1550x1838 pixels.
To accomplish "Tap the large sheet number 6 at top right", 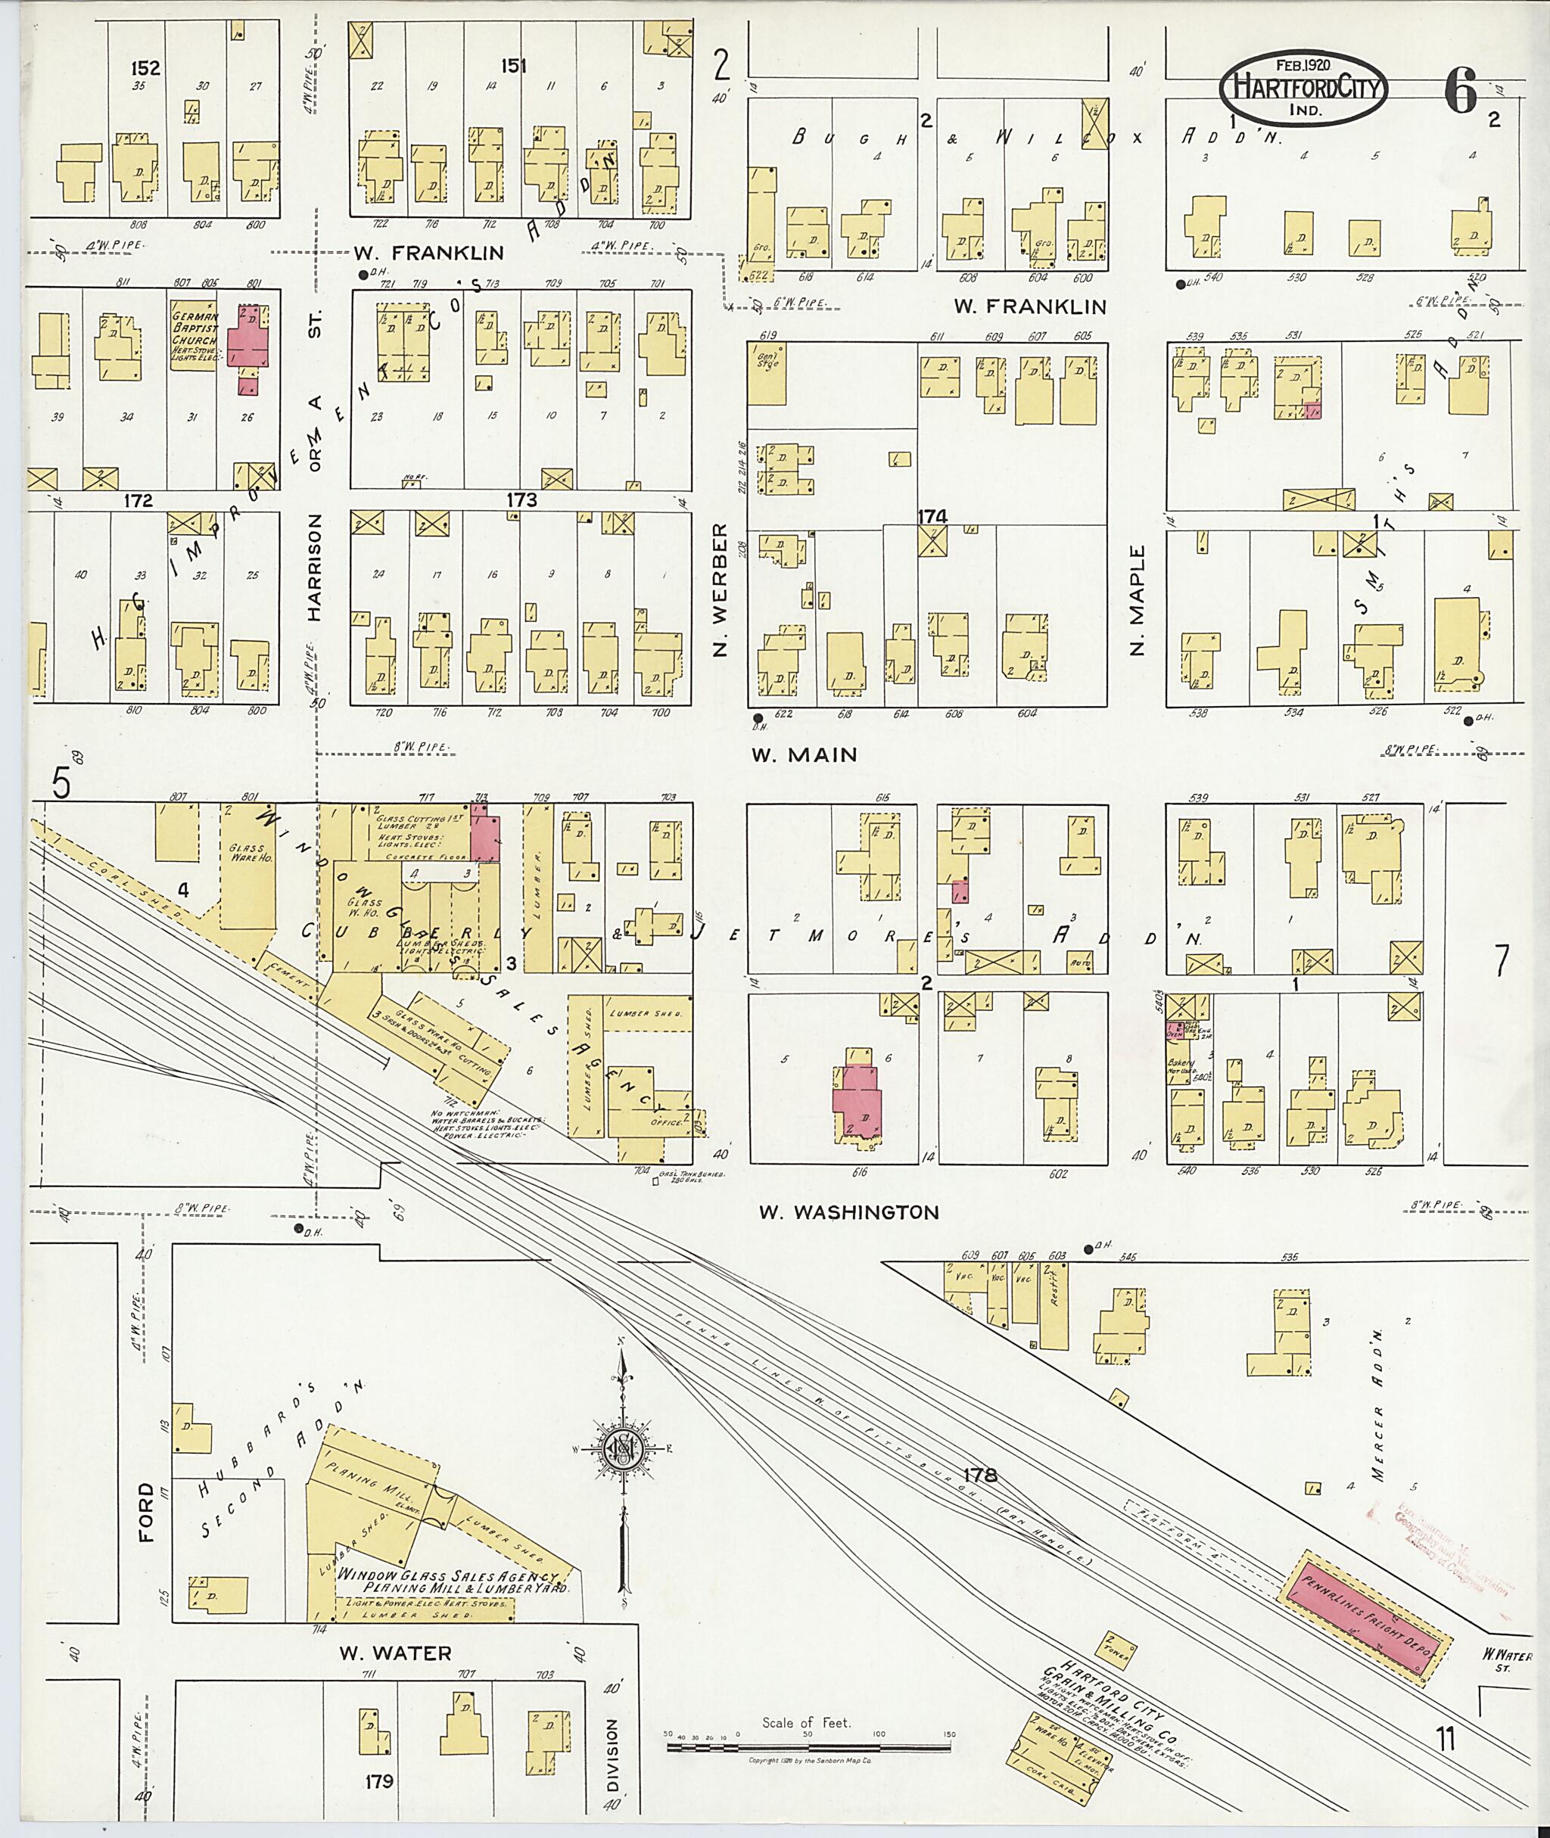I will [x=1458, y=92].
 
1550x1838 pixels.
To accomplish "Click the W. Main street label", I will [x=804, y=754].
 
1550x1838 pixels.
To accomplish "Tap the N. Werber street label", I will [x=721, y=589].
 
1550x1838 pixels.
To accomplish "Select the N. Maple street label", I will [x=1139, y=600].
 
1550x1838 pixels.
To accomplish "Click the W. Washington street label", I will [x=849, y=1212].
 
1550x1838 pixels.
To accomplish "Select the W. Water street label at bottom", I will [x=395, y=1653].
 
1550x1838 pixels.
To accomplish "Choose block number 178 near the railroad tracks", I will [x=980, y=1474].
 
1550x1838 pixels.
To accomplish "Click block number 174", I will [x=932, y=517].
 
